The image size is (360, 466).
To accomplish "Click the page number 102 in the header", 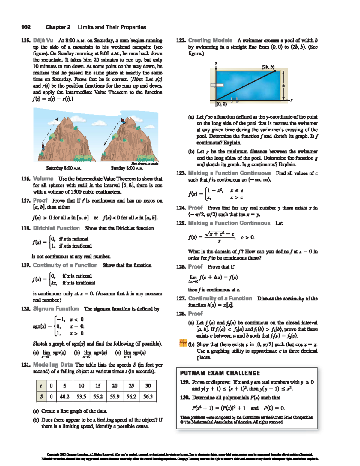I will (x=26, y=27).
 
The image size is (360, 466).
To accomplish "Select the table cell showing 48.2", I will (x=64, y=396).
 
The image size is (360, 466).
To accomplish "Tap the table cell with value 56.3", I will (x=148, y=396).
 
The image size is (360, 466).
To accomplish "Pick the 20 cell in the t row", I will (x=115, y=386).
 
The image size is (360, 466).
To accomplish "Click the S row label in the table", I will (x=41, y=396).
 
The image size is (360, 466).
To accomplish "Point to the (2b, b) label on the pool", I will (x=268, y=67).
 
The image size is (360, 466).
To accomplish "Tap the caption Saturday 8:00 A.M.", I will (x=64, y=168).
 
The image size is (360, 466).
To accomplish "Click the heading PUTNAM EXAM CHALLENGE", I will (x=220, y=373).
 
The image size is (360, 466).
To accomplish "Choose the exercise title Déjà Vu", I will (x=43, y=40).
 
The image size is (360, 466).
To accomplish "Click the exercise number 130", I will (x=184, y=398).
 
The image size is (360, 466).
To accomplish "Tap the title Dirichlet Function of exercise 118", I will (x=56, y=228).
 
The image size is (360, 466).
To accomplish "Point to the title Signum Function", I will (x=56, y=309).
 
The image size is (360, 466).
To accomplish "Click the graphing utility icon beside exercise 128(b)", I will (x=183, y=343).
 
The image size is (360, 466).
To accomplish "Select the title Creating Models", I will (x=210, y=40).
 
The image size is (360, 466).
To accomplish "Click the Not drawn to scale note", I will (x=145, y=164).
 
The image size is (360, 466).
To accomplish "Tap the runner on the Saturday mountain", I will (x=43, y=147).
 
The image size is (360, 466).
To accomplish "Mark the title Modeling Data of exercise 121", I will (x=53, y=365).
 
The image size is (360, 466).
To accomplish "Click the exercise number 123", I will (x=181, y=173).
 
